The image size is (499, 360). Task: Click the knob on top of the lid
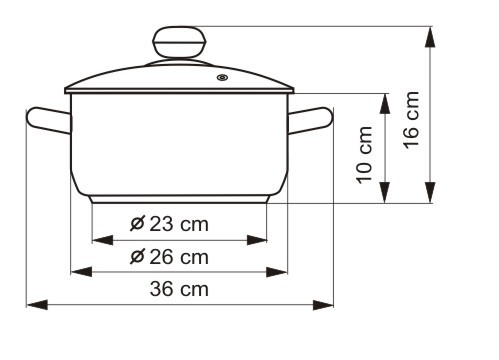[179, 42]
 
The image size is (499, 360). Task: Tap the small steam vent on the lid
[222, 78]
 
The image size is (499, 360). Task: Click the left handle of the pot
[49, 120]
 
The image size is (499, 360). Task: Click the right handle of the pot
[310, 120]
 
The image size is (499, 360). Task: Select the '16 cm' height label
[411, 120]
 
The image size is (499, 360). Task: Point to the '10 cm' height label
[364, 155]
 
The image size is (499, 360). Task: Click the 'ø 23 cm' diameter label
[169, 224]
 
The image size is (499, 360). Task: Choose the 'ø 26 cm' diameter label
[169, 257]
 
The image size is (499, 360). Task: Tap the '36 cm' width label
[179, 289]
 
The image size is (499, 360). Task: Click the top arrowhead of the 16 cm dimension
[430, 36]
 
